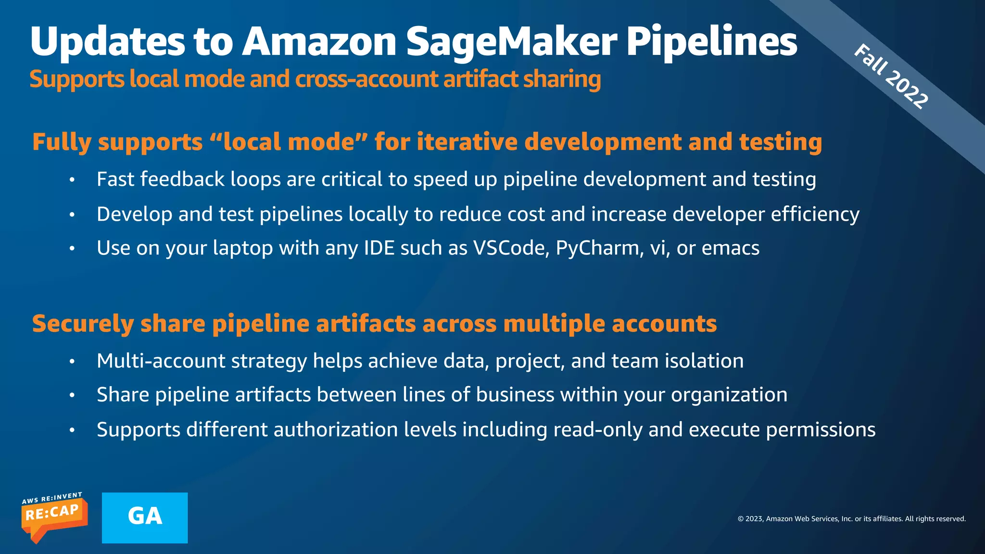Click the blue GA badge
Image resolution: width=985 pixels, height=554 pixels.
tap(145, 517)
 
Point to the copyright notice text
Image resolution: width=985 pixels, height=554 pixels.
tap(851, 519)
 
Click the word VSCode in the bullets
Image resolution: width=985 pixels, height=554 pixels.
tap(511, 248)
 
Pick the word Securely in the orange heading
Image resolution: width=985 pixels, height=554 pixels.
tap(83, 324)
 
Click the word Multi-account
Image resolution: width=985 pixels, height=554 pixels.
tap(161, 361)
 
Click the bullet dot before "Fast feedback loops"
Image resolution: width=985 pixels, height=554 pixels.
tap(72, 180)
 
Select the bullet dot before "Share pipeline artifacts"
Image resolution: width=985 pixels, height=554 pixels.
tap(72, 395)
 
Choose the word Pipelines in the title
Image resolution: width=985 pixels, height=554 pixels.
tap(711, 42)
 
